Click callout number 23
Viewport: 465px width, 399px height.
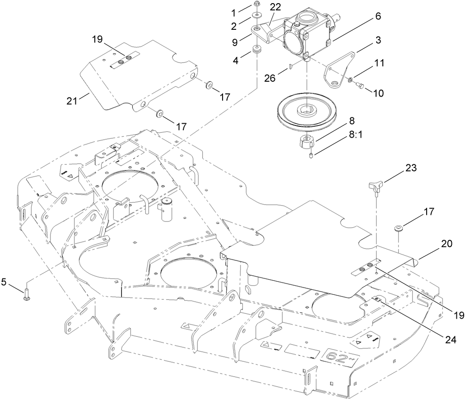(411, 168)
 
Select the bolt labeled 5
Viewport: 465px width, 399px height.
(27, 295)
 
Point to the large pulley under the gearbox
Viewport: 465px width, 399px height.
(306, 111)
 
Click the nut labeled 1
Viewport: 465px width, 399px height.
(257, 5)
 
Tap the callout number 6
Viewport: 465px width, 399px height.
(377, 16)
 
